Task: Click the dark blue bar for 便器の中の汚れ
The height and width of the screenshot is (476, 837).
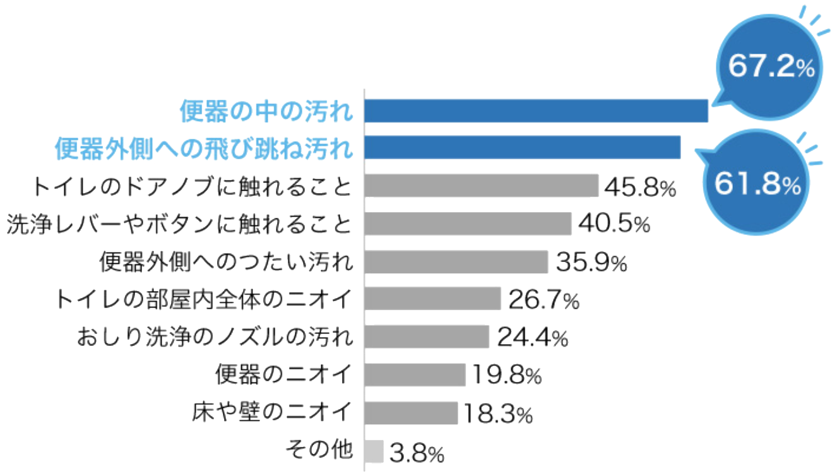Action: (537, 110)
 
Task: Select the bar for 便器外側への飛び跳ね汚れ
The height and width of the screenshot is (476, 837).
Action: (523, 148)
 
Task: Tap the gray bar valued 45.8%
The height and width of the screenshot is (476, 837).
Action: (481, 186)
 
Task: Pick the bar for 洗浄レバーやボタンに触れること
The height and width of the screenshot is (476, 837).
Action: (468, 223)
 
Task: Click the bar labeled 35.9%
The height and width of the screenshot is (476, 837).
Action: (456, 261)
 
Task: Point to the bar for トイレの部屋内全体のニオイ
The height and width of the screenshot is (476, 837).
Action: (432, 299)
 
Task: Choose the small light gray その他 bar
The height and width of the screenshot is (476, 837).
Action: (374, 450)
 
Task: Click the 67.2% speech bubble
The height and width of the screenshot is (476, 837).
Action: (771, 68)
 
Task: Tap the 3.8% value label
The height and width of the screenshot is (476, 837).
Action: (417, 452)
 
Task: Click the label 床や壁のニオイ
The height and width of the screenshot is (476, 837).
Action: (271, 413)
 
